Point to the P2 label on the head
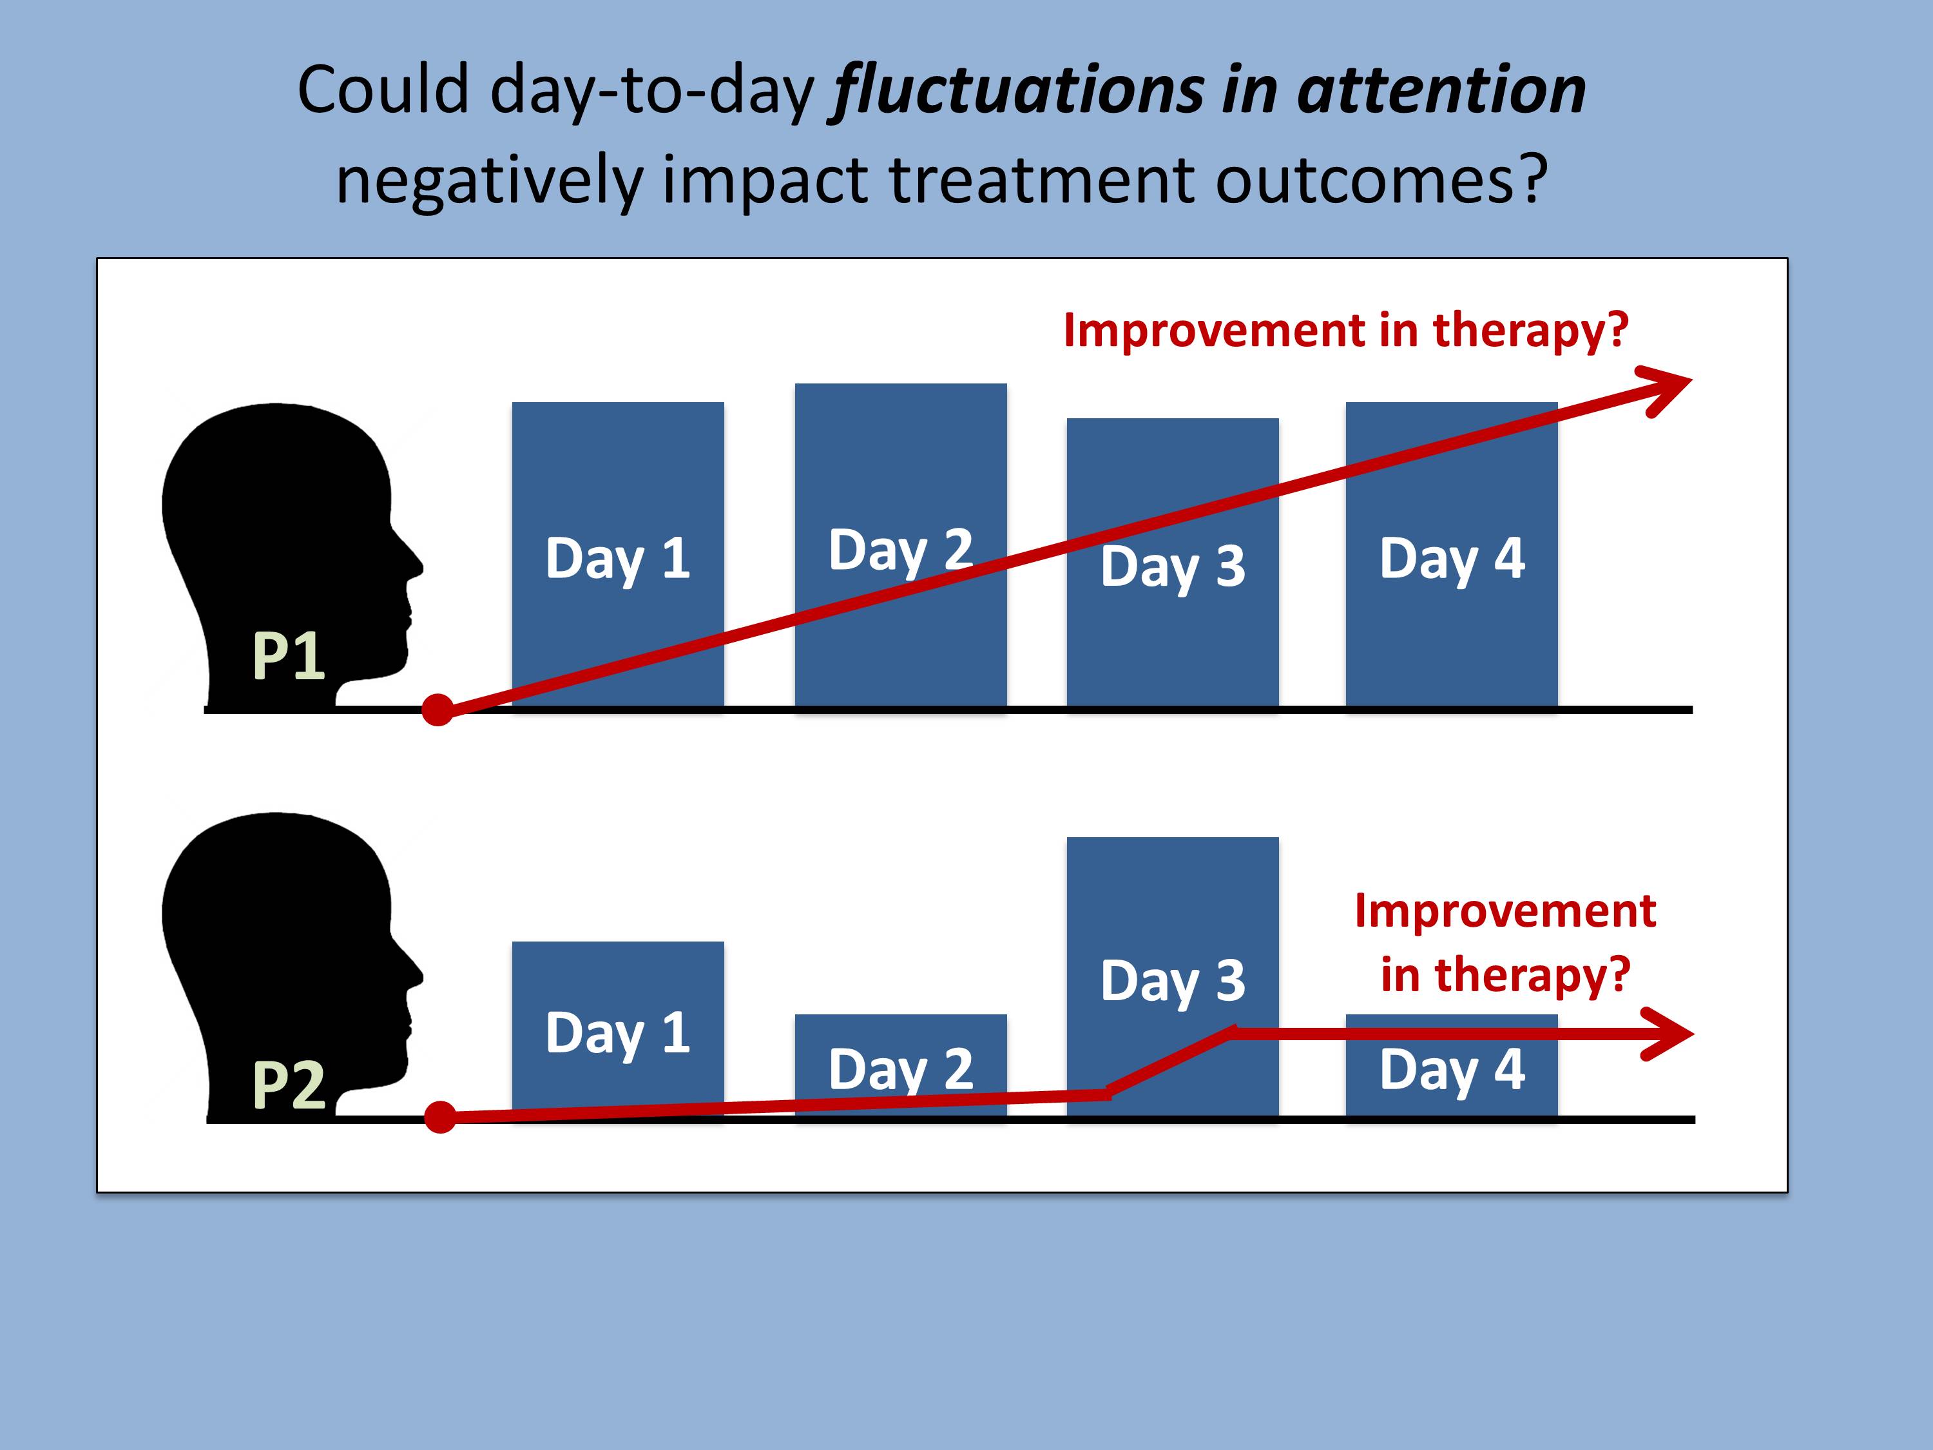(x=289, y=1085)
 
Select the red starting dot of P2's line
(x=441, y=1117)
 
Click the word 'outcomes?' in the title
(x=1381, y=180)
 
